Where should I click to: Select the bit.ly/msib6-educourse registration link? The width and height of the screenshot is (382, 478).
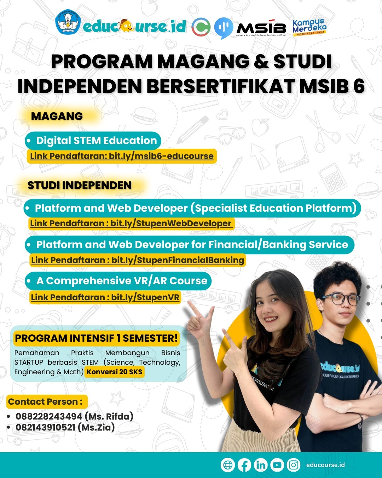point(161,156)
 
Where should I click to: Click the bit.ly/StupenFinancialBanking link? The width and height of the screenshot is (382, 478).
point(178,260)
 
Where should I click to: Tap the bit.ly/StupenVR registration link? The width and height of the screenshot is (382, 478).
point(145,297)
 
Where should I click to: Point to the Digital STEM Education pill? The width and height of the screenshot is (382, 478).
point(93,141)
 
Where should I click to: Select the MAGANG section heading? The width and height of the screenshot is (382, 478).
point(57,116)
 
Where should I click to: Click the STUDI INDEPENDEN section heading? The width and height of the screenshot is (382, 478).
point(80,185)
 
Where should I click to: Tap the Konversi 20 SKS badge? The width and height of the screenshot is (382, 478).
point(114,372)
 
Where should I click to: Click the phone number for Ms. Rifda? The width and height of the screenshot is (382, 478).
point(49,416)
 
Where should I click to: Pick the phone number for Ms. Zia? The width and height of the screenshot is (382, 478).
point(46,427)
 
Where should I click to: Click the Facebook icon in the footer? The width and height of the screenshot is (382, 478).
point(244,465)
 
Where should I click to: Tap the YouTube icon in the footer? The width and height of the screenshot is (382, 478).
point(277,465)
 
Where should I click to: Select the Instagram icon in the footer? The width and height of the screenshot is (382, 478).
point(294,465)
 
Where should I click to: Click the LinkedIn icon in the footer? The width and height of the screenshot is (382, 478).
point(261,465)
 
